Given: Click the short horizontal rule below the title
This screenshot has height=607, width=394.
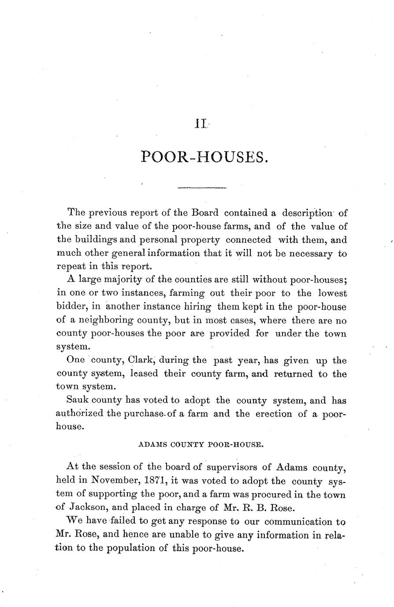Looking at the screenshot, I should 201,188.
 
